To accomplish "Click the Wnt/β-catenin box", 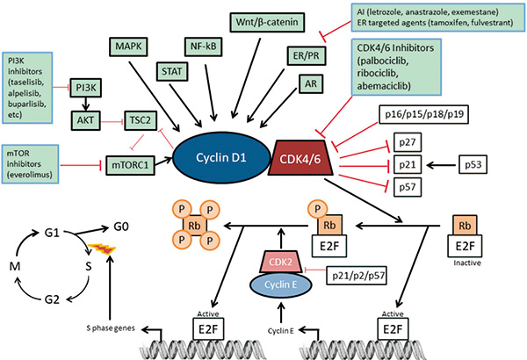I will click(266, 19).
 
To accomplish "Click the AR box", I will click(309, 85).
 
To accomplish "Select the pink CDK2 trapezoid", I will click(278, 262).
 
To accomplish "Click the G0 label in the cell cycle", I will click(129, 227).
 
